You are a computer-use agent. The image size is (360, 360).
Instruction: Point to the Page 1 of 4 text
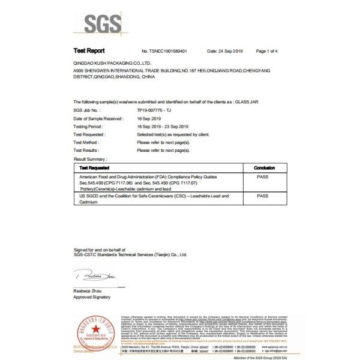pyautogui.click(x=270, y=52)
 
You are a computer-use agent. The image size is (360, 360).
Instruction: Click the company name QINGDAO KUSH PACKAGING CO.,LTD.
pyautogui.click(x=111, y=62)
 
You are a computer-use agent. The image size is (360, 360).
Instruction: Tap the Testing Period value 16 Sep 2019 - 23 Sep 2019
pyautogui.click(x=164, y=127)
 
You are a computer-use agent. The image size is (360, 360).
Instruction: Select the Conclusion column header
pyautogui.click(x=264, y=168)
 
